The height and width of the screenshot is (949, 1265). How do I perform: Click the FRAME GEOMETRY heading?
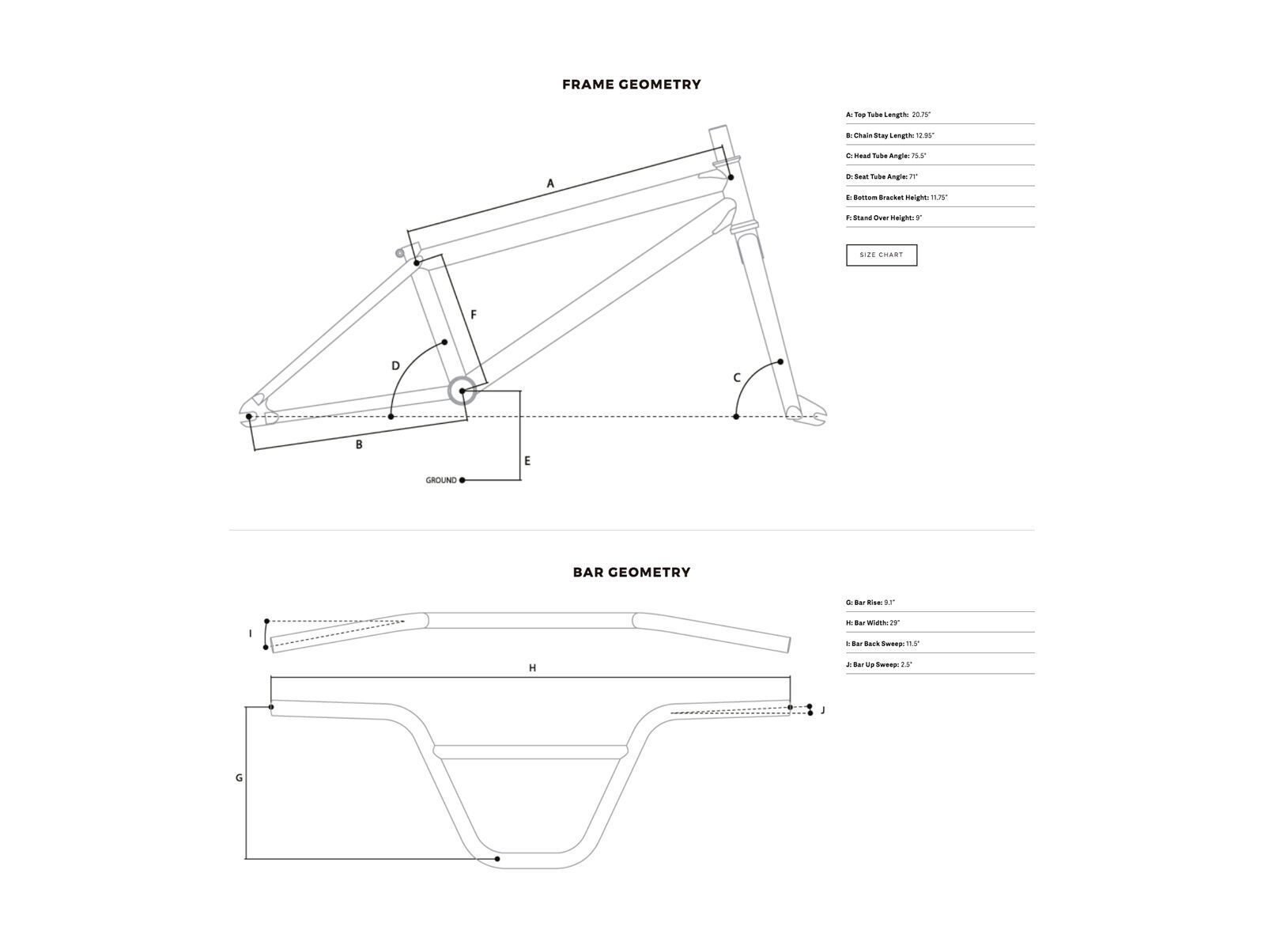coord(631,85)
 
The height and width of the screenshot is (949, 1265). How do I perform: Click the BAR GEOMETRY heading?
coord(631,573)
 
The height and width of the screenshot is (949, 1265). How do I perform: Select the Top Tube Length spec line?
coord(888,115)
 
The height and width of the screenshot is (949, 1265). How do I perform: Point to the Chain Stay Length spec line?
coord(889,136)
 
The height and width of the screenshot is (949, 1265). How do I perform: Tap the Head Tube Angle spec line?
coord(885,157)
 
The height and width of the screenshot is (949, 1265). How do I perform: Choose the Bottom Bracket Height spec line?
coord(896,198)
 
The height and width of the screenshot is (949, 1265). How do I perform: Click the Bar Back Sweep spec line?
coord(882,645)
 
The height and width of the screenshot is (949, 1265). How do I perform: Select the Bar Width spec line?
coord(872,624)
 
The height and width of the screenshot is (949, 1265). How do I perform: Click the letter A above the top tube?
coord(550,183)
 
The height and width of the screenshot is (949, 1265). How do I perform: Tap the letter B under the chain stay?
coord(359,444)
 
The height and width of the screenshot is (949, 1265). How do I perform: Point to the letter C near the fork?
coord(737,378)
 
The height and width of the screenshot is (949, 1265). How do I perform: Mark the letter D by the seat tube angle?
coord(396,365)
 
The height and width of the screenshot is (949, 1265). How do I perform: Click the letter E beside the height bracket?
coord(527,460)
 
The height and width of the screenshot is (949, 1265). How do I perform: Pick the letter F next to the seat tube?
coord(474,315)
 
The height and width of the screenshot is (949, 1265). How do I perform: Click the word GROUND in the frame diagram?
coord(440,480)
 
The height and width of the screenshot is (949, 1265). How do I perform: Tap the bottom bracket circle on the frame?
coord(462,391)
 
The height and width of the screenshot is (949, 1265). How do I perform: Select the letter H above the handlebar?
coord(533,668)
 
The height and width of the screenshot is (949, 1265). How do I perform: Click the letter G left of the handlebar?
coord(239,778)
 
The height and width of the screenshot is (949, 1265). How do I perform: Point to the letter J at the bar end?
coord(823,710)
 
